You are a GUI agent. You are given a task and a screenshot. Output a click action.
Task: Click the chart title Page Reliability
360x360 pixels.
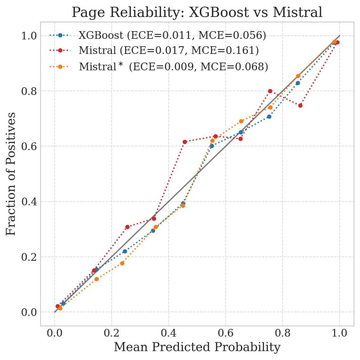pyautogui.click(x=197, y=13)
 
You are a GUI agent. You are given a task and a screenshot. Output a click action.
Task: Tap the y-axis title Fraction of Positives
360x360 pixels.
pyautogui.click(x=11, y=174)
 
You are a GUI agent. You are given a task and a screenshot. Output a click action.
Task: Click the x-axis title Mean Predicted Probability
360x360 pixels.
pyautogui.click(x=197, y=347)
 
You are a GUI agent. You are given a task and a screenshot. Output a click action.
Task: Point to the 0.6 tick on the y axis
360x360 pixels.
pyautogui.click(x=29, y=146)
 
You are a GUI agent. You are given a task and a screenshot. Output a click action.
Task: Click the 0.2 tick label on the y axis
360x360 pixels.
pyautogui.click(x=29, y=257)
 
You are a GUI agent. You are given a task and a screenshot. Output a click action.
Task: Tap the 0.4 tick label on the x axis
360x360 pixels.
pyautogui.click(x=168, y=333)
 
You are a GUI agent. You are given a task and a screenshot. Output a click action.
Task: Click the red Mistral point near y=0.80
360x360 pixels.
pyautogui.click(x=270, y=91)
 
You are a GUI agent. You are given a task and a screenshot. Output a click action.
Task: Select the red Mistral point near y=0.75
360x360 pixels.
pyautogui.click(x=300, y=105)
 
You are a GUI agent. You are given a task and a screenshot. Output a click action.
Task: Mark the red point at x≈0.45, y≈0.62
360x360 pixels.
pyautogui.click(x=185, y=142)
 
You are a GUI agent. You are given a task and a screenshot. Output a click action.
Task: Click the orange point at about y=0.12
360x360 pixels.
pyautogui.click(x=96, y=279)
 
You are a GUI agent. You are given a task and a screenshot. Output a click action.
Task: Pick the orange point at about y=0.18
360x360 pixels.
pyautogui.click(x=122, y=263)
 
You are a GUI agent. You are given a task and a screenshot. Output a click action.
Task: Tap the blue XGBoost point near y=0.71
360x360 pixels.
pyautogui.click(x=269, y=117)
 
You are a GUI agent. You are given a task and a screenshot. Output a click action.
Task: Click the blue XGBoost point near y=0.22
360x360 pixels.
pyautogui.click(x=125, y=251)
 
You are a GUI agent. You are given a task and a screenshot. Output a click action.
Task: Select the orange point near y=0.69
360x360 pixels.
pyautogui.click(x=241, y=121)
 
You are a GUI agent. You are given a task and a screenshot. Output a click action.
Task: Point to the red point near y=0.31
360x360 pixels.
pyautogui.click(x=127, y=227)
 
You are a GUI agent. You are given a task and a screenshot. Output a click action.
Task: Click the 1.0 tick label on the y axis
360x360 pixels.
pyautogui.click(x=29, y=36)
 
